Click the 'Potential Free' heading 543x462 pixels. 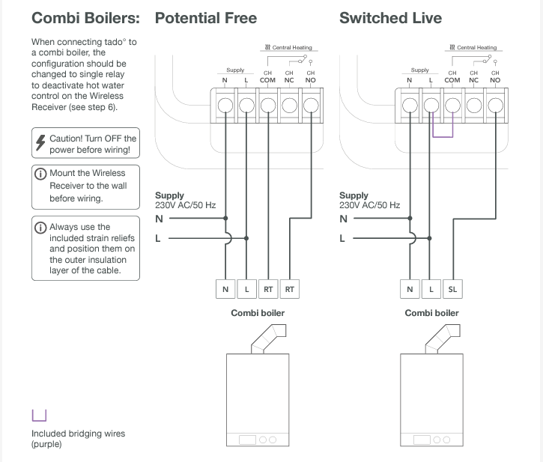click(205, 18)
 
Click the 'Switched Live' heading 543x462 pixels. click(390, 18)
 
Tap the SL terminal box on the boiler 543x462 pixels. click(452, 288)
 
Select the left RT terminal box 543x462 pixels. click(268, 288)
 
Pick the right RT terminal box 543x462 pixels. click(290, 288)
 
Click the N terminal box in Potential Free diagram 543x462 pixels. click(225, 288)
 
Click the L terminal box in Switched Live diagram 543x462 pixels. click(431, 288)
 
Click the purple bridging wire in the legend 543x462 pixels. click(39, 416)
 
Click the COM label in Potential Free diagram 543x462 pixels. click(267, 80)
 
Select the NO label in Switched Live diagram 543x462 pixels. click(494, 80)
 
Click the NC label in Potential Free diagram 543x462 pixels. click(288, 80)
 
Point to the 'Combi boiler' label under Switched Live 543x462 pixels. click(431, 313)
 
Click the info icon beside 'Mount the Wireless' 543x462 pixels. click(41, 174)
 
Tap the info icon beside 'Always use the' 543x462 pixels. click(41, 227)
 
